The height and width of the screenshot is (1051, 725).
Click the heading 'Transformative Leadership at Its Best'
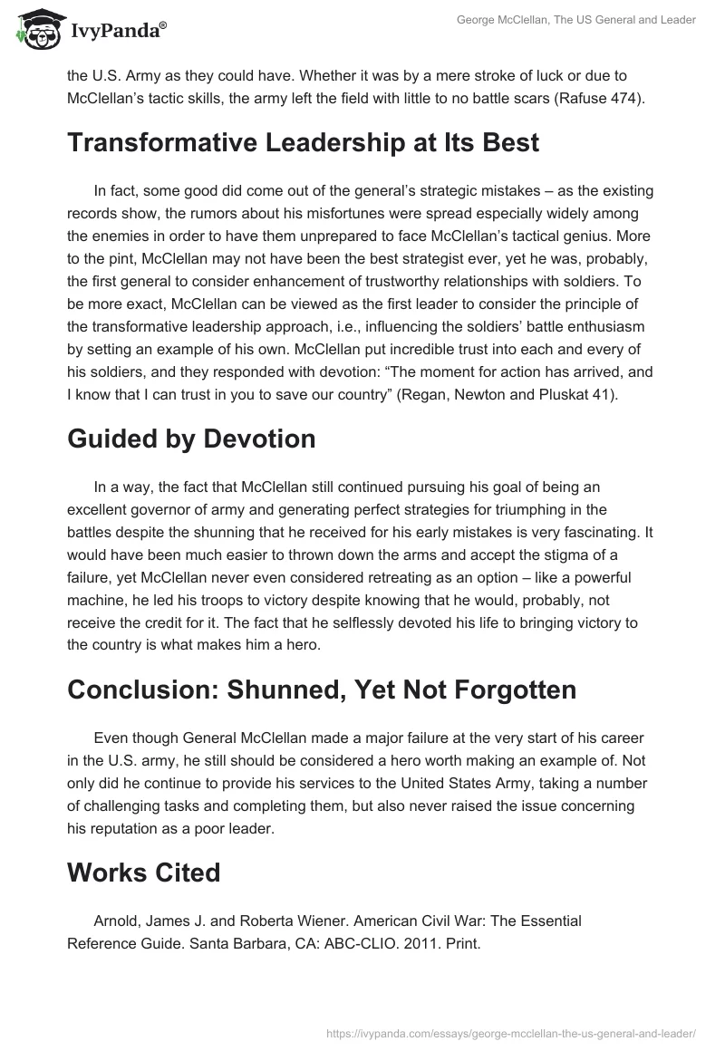coord(303,143)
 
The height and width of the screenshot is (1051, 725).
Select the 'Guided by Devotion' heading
coord(191,439)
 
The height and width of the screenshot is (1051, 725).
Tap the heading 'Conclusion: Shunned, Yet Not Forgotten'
coord(322,689)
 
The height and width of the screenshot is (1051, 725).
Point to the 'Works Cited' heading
coord(144,873)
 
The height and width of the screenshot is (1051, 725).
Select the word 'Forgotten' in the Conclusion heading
coord(498,689)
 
